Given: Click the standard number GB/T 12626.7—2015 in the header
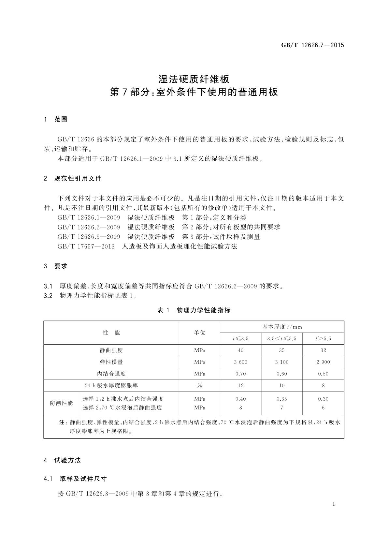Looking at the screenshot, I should pos(312,46).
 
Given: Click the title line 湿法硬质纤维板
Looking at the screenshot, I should pos(194,79).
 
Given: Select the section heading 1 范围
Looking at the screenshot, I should pos(56,119).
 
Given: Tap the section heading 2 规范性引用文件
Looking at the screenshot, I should pos(73,178).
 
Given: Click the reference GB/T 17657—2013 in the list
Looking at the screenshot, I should pos(86,246).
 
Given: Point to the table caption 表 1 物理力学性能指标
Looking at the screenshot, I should pos(194,310).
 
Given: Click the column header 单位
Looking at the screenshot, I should pos(199,333).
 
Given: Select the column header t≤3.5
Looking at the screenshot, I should pos(240,338).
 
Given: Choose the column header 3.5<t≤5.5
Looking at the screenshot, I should pos(282,338).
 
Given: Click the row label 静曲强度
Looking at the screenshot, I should pos(111,350).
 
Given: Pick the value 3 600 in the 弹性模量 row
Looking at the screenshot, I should pos(240,362).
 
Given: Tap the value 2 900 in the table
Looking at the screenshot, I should pos(323,362).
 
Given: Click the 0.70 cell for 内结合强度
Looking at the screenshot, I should pos(240,374).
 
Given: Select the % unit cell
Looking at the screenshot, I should pos(199,385).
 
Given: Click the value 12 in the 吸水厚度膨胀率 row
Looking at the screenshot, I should pos(240,385).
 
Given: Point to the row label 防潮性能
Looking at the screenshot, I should pos(61,403).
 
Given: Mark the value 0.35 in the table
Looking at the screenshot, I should pos(282,399).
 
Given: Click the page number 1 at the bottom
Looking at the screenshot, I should pos(334,504).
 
